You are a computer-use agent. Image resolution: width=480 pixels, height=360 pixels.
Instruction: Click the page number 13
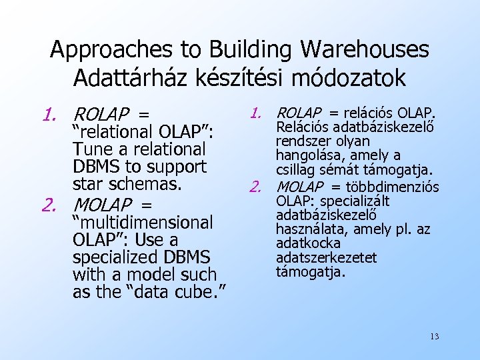(x=434, y=336)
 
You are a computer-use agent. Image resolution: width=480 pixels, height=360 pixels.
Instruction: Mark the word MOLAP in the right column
(x=300, y=187)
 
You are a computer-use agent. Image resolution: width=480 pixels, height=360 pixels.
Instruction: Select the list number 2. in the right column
(x=261, y=187)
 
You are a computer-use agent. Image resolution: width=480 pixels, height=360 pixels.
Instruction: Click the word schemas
(x=155, y=183)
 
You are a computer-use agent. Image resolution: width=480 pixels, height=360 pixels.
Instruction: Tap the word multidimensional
(x=143, y=222)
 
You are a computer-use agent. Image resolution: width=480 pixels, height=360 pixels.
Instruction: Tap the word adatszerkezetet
(x=327, y=257)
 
